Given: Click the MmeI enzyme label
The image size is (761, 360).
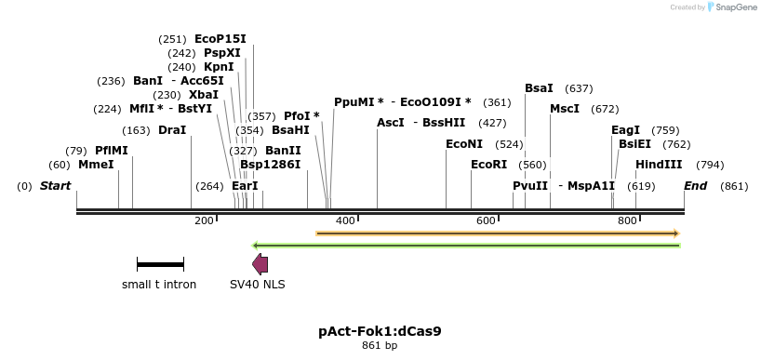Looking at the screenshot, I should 96,164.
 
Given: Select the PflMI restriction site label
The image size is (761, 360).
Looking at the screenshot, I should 111,150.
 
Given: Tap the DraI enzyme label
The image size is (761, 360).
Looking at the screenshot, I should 172,129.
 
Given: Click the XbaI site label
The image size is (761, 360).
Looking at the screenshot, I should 203,95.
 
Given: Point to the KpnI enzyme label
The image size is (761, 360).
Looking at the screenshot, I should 219,67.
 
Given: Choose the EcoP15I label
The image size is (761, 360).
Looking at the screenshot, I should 220,39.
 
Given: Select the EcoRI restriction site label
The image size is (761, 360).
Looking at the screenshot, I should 488,165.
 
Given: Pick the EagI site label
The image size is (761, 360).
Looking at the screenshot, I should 625,130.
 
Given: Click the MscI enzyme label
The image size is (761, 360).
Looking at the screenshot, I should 565,109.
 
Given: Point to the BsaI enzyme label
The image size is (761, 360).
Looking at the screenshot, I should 539,88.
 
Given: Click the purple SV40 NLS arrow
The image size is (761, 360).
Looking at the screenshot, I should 260,264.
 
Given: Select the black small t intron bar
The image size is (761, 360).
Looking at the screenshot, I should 160,264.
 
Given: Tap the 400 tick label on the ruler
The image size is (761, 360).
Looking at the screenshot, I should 345,220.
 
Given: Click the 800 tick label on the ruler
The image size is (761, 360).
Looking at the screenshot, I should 627,220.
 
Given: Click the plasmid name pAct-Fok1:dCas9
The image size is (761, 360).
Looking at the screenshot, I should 380,330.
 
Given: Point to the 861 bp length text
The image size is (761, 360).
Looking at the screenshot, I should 380,346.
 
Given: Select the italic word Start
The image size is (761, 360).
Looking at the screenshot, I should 55,186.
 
